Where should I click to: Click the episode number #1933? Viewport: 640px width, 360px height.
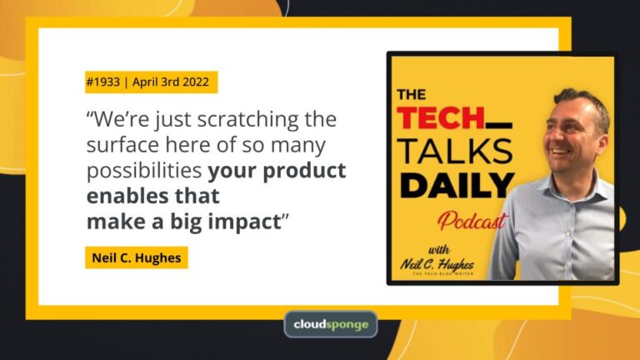tap(102, 82)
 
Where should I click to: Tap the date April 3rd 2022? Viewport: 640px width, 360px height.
tap(171, 82)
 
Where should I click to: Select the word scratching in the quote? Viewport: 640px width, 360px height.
tap(247, 120)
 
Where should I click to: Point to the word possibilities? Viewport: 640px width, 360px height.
tap(144, 171)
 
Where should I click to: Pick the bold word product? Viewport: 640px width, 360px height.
tap(304, 171)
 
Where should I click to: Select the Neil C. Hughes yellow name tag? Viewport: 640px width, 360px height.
tap(137, 257)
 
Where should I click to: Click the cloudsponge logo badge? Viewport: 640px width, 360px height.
tap(331, 324)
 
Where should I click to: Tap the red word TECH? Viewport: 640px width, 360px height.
tap(440, 118)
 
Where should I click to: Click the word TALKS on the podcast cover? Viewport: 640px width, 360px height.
tap(455, 151)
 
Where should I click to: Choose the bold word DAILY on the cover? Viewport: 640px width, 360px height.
tap(457, 185)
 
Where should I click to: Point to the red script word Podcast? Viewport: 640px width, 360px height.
tap(472, 221)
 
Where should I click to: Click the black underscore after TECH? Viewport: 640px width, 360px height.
tap(499, 126)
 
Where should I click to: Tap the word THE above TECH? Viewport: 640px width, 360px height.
tap(412, 95)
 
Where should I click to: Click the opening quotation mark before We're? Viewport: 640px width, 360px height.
tap(90, 114)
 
